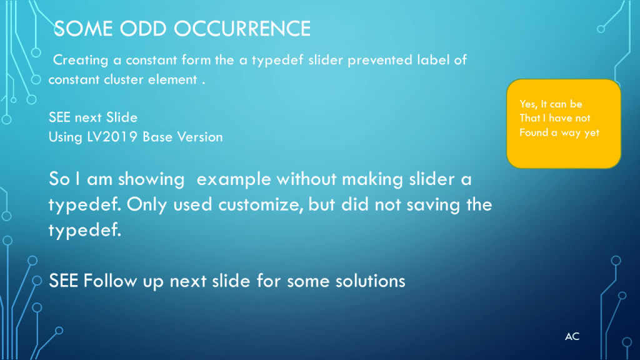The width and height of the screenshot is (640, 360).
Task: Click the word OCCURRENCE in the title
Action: click(x=242, y=29)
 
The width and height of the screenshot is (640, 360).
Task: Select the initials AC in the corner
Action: click(x=572, y=336)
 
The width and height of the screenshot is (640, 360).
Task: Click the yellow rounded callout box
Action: click(x=564, y=124)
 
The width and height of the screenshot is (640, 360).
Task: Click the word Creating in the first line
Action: click(x=81, y=61)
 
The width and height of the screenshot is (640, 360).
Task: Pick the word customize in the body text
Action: click(x=261, y=204)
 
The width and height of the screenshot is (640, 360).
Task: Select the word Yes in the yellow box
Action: click(x=528, y=104)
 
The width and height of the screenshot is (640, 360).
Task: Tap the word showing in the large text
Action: click(x=151, y=179)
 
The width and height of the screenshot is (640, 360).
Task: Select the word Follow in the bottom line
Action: click(x=110, y=281)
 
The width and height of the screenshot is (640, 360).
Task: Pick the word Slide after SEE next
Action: click(x=122, y=117)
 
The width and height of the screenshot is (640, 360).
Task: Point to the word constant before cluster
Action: click(x=74, y=79)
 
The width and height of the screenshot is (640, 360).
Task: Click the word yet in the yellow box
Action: click(x=591, y=133)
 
